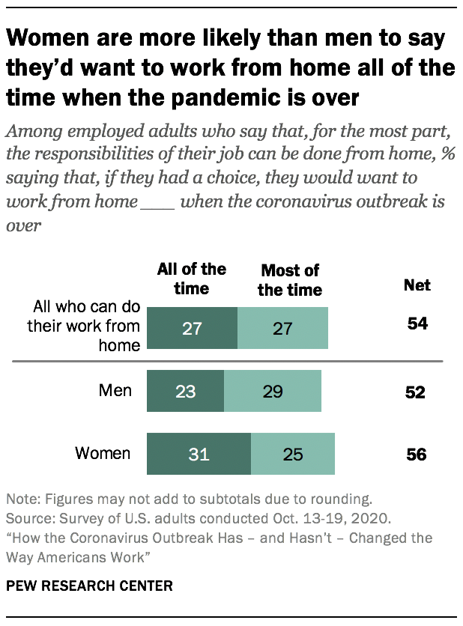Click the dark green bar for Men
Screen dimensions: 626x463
tap(186, 391)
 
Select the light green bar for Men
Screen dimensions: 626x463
tap(273, 391)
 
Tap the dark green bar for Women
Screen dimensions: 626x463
tap(199, 454)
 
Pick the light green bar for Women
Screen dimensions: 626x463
tap(293, 454)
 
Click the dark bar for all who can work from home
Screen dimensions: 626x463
tap(192, 328)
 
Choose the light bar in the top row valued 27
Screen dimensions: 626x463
tap(282, 328)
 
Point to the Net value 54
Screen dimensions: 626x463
tap(417, 324)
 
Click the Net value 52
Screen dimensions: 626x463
tap(417, 392)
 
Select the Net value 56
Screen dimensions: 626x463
tap(417, 455)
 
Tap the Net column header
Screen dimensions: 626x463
tap(417, 285)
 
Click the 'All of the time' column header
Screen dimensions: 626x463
tap(191, 278)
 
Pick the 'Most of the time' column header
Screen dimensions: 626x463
tap(290, 279)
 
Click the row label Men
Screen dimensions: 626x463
tap(115, 390)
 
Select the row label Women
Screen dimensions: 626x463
tap(103, 453)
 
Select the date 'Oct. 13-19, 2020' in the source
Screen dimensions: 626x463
tap(300, 518)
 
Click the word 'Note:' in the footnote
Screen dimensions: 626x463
tap(23, 499)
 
